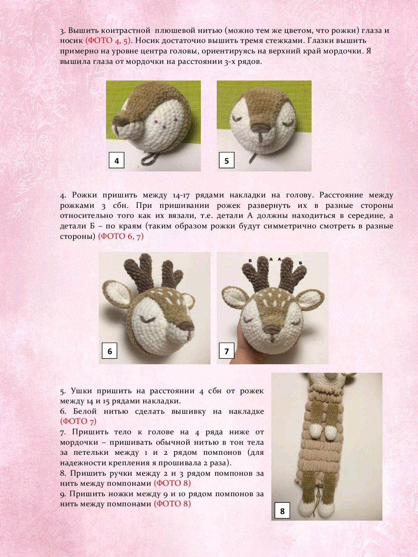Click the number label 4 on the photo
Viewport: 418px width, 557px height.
[x=116, y=161]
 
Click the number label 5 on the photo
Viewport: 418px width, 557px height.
[x=227, y=161]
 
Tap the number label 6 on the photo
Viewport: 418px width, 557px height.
[x=110, y=351]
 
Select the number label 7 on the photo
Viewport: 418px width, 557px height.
[x=227, y=351]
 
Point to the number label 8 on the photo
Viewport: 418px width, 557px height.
[x=282, y=511]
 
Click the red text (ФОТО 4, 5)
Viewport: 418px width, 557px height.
[x=108, y=41]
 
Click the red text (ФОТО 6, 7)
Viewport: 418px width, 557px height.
[x=121, y=236]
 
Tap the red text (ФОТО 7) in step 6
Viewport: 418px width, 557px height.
[x=78, y=421]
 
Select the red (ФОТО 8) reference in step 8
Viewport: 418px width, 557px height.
[x=172, y=483]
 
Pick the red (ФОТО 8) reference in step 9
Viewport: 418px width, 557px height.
[x=172, y=504]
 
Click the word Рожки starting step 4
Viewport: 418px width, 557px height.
[x=85, y=195]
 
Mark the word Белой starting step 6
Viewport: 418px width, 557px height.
[x=85, y=411]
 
